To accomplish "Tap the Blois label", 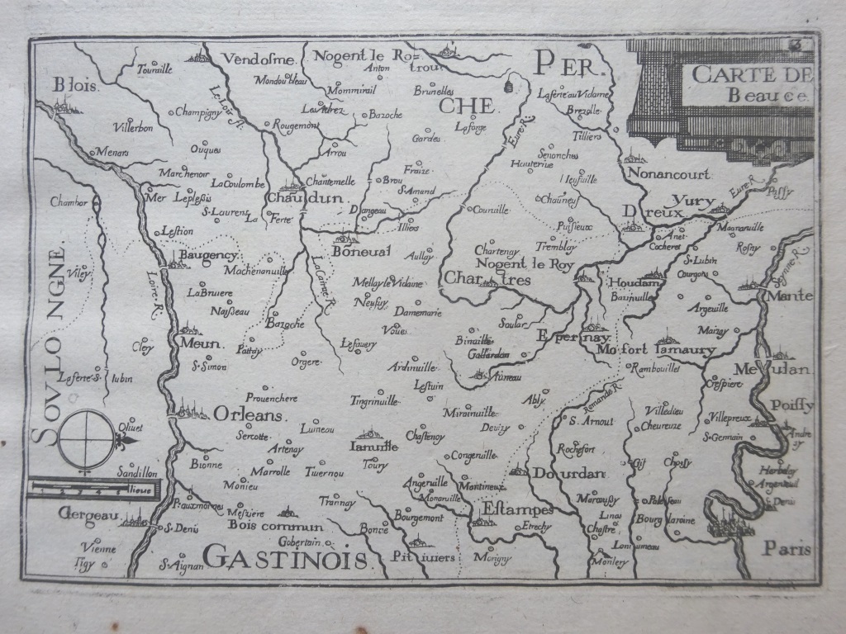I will click(x=74, y=85).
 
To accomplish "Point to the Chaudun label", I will click(x=297, y=199).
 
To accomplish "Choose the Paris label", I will click(x=788, y=547).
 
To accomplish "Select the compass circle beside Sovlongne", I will click(x=87, y=438).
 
